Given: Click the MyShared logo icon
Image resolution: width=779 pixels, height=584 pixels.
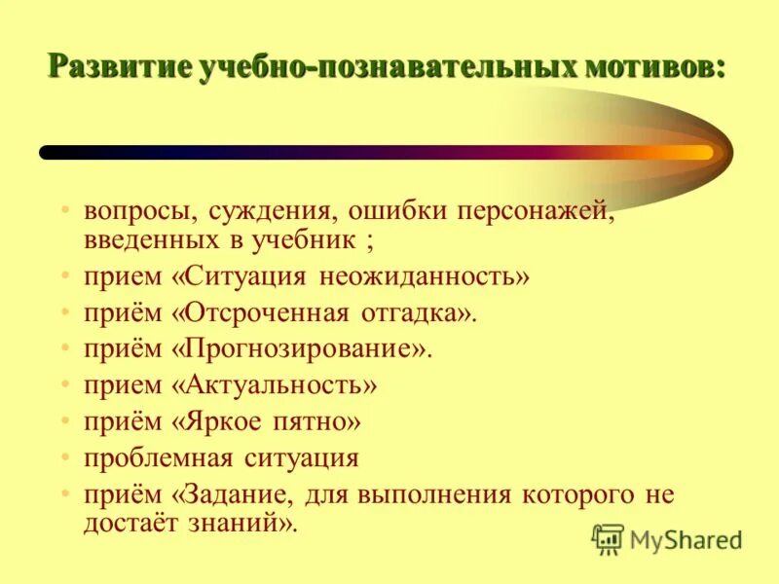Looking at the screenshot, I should click(x=608, y=539).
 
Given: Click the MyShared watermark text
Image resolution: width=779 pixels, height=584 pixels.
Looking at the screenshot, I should click(x=686, y=539).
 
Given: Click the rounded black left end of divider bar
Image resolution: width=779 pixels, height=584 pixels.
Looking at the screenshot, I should click(x=47, y=153).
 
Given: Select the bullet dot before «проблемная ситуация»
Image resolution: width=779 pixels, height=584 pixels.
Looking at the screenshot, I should click(x=64, y=457).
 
